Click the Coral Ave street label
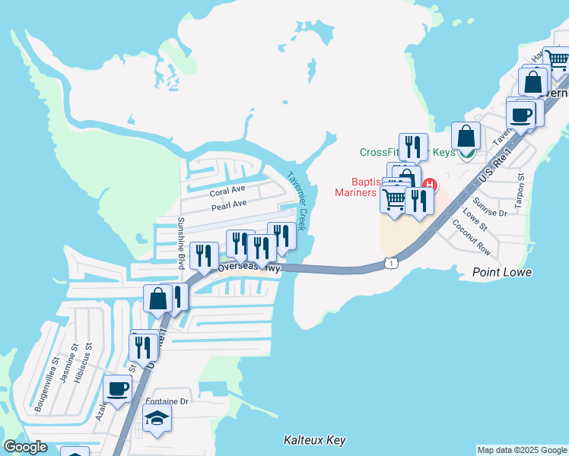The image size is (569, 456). tap(228, 189)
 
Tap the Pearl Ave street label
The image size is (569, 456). tap(229, 204)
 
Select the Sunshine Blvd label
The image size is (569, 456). tap(181, 243)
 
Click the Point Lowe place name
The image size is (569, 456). tap(501, 272)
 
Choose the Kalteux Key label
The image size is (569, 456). tap(314, 440)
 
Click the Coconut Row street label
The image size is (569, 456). tap(472, 237)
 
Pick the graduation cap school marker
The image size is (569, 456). tap(157, 418)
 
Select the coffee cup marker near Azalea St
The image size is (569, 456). tap(118, 390)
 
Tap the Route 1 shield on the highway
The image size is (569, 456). tap(390, 263)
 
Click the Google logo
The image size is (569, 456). tap(26, 447)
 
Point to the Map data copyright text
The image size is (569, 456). tap(521, 450)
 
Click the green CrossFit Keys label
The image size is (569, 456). tap(407, 152)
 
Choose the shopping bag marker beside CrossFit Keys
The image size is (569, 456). tap(466, 137)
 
